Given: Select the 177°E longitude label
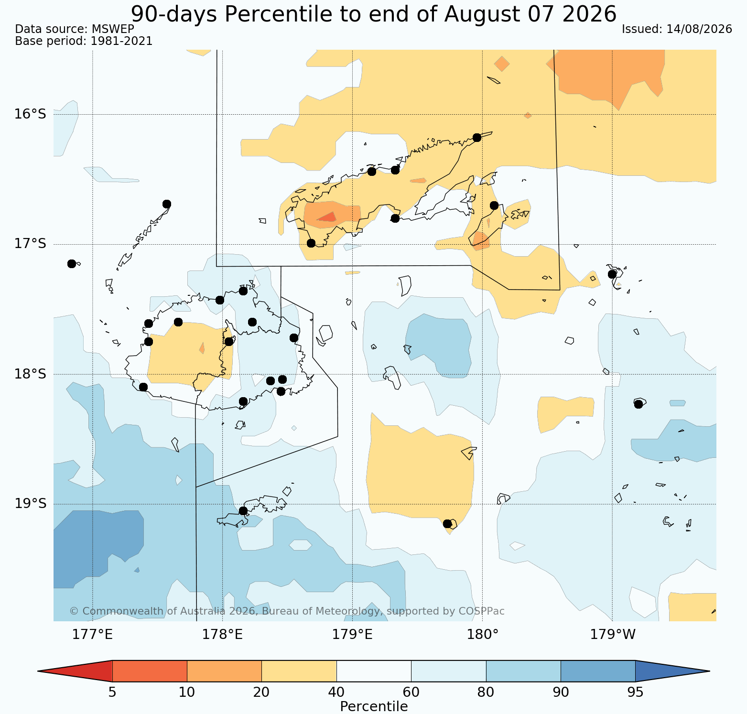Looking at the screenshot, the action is pyautogui.click(x=93, y=635).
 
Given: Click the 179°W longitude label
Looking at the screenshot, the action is pyautogui.click(x=613, y=635).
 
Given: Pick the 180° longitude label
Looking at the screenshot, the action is pyautogui.click(x=483, y=635).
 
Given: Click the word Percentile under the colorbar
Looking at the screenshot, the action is pyautogui.click(x=374, y=706).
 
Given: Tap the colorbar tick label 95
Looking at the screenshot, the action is pyautogui.click(x=635, y=692).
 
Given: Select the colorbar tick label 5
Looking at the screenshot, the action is pyautogui.click(x=112, y=692).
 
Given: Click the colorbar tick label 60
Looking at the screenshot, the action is pyautogui.click(x=411, y=692).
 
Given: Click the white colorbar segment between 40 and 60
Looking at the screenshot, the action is pyautogui.click(x=374, y=671).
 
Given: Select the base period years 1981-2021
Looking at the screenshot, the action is pyautogui.click(x=121, y=41).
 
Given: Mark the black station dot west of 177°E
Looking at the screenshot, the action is pyautogui.click(x=72, y=264).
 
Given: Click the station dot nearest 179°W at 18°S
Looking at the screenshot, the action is pyautogui.click(x=638, y=404).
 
